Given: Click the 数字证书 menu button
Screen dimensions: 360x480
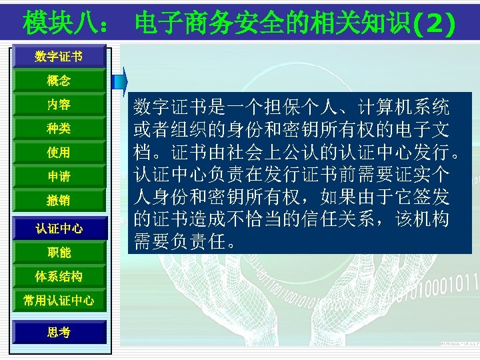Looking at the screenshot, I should pyautogui.click(x=59, y=57).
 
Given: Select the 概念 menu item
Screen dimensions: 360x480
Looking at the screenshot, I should pyautogui.click(x=59, y=81).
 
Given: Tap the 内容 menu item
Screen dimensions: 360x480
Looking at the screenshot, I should pyautogui.click(x=59, y=105).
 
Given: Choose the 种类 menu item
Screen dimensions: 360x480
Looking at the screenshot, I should pyautogui.click(x=59, y=128).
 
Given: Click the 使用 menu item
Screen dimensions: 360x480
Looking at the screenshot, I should pyautogui.click(x=59, y=153).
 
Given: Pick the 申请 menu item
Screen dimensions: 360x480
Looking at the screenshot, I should pyautogui.click(x=59, y=177).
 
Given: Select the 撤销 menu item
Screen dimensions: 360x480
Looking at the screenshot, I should pyautogui.click(x=59, y=200).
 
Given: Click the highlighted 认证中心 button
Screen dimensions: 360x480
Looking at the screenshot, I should pyautogui.click(x=59, y=229).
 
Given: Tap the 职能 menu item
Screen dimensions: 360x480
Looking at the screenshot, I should pyautogui.click(x=59, y=253).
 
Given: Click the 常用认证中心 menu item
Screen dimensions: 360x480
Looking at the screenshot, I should pyautogui.click(x=59, y=301).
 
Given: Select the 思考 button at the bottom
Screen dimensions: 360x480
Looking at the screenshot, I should pyautogui.click(x=59, y=332).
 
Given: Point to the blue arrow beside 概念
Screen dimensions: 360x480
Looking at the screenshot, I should pyautogui.click(x=121, y=81).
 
